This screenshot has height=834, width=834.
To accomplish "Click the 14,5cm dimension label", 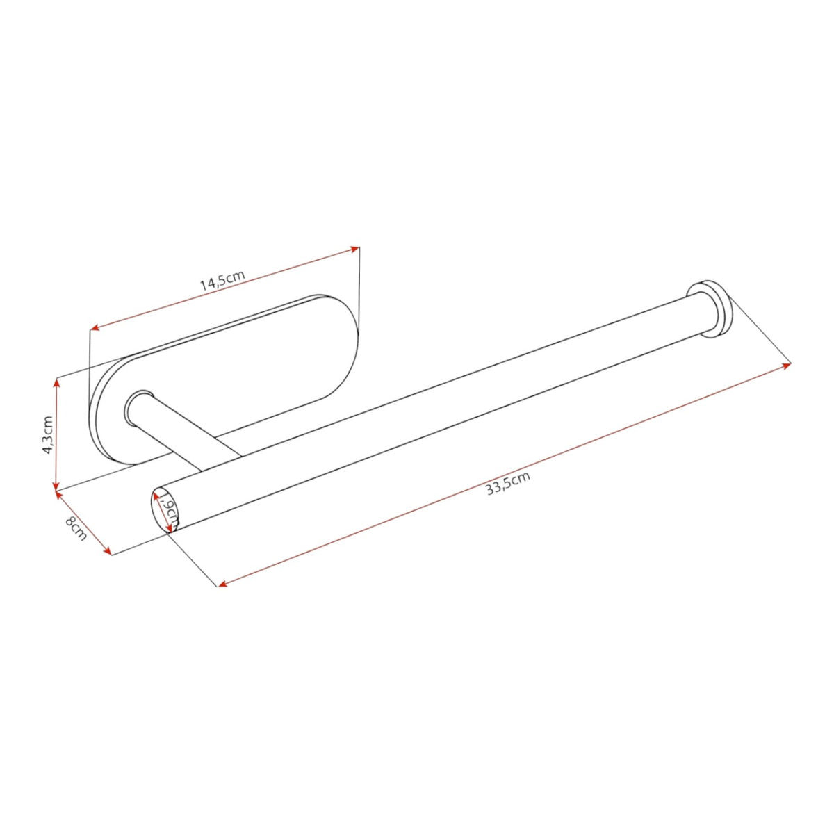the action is pyautogui.click(x=222, y=280).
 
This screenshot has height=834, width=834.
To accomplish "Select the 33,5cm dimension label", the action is pyautogui.click(x=508, y=483).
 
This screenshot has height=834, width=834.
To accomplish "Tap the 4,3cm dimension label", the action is pyautogui.click(x=48, y=434).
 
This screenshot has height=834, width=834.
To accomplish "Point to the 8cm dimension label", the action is pyautogui.click(x=76, y=528).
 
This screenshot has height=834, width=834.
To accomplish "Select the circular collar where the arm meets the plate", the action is pyautogui.click(x=139, y=409).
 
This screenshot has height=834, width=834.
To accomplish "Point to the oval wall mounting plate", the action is pyautogui.click(x=225, y=381).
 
